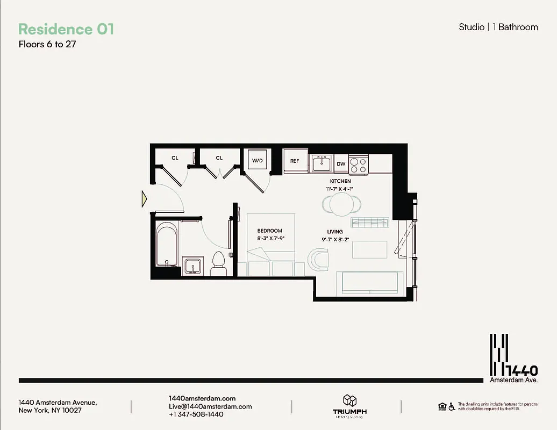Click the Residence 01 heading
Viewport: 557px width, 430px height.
coord(66,29)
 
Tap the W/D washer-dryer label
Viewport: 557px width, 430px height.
coord(257,161)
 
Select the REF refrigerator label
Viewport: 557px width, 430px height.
coord(295,161)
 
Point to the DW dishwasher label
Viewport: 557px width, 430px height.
coord(341,164)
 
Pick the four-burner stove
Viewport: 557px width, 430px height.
coord(359,164)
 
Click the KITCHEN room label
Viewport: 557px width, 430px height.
coord(340,181)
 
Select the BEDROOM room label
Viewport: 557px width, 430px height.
coord(269,231)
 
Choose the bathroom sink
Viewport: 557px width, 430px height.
coord(191,266)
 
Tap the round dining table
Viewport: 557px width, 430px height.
coord(341,204)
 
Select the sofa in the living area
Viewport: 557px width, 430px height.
coord(369,282)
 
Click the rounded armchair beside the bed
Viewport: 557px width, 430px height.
coord(318,259)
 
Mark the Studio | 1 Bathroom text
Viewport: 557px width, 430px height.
coord(498,27)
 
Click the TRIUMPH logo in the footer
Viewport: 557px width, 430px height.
coord(349,406)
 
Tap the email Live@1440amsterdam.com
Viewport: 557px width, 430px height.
coord(210,406)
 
